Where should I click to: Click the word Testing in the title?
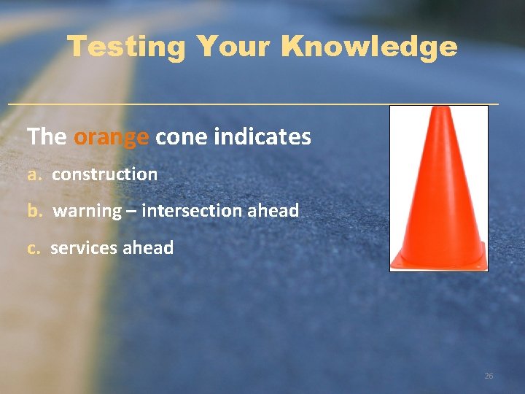point(127,47)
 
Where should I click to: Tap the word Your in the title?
point(233,47)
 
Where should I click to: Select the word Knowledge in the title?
point(369,47)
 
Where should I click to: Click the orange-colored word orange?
point(112,137)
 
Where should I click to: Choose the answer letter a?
point(33,174)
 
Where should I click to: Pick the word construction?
point(104,174)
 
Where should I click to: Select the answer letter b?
point(34,211)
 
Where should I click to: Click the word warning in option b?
point(87,211)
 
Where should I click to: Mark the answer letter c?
point(33,248)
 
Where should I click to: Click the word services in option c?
point(83,248)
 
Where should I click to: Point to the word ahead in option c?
point(148,248)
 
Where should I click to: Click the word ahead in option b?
point(273,211)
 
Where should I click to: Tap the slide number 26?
point(489,376)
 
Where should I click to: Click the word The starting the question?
point(47,136)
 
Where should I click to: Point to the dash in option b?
point(132,212)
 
